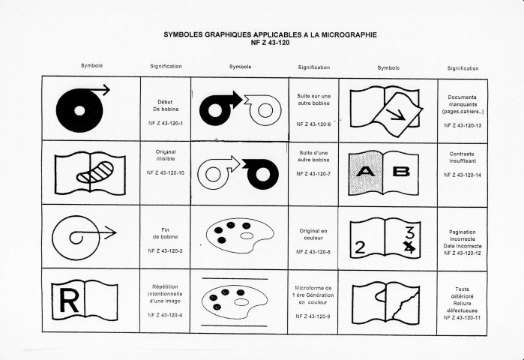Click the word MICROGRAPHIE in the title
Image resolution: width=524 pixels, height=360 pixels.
[x=349, y=34]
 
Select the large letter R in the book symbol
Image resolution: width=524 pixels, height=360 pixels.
[x=69, y=301]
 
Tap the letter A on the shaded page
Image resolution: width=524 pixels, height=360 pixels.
[x=365, y=172]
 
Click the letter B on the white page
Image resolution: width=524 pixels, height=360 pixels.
[x=401, y=172]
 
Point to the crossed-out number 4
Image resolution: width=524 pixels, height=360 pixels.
[x=410, y=247]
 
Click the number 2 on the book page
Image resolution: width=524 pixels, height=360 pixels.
[x=360, y=247]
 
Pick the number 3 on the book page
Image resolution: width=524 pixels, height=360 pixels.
[x=410, y=232]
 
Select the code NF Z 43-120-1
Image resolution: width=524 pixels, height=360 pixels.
[x=166, y=123]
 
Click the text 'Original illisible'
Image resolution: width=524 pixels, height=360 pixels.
[x=166, y=155]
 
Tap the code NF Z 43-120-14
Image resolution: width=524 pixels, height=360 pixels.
[x=463, y=175]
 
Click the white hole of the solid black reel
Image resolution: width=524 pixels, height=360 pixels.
[x=79, y=111]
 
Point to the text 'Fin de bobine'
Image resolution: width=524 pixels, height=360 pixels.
[x=166, y=233]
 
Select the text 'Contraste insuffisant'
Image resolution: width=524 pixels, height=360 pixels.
[x=463, y=157]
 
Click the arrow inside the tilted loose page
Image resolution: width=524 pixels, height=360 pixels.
[x=396, y=115]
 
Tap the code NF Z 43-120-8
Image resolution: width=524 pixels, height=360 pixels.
[x=313, y=252]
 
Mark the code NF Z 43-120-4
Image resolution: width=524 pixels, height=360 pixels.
[x=166, y=315]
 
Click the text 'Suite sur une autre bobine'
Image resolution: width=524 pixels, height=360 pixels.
[x=314, y=100]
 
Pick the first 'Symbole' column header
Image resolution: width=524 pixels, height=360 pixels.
[x=91, y=65]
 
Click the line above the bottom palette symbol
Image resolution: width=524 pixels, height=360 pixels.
[x=235, y=278]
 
